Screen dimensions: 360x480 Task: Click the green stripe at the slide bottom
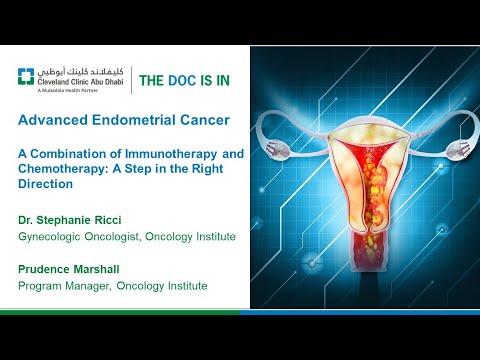(120, 311)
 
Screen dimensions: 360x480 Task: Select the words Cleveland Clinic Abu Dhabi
(83, 82)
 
